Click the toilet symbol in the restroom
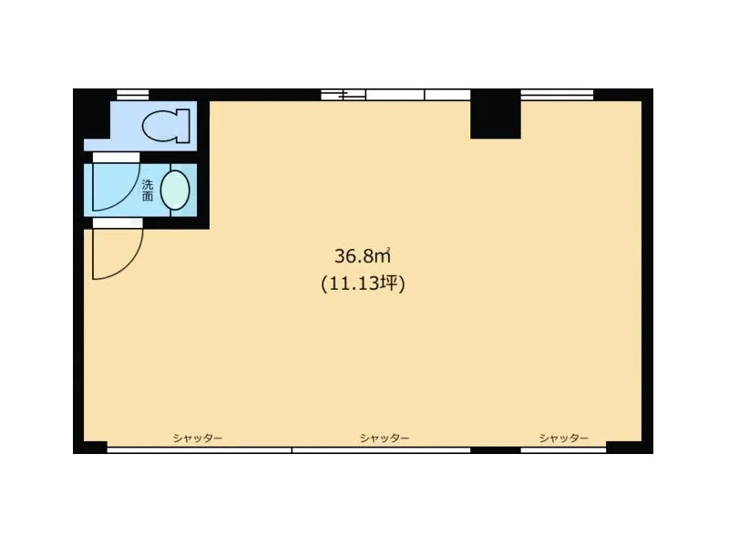(x=166, y=126)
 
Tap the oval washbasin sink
(x=175, y=191)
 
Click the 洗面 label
(x=148, y=191)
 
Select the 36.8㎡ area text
(x=362, y=256)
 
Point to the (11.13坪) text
(x=363, y=284)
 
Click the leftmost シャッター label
(x=198, y=439)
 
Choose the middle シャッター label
(x=385, y=439)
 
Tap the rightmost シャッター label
(x=563, y=439)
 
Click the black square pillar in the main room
(x=495, y=114)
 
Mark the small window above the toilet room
(x=132, y=95)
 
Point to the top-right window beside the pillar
(x=557, y=95)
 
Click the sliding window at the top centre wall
(x=395, y=95)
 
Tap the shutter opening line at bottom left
(x=200, y=449)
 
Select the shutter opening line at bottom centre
(x=381, y=449)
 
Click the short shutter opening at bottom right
(x=563, y=449)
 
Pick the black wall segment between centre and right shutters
(x=496, y=449)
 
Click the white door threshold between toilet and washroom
(x=117, y=157)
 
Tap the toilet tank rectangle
(x=184, y=126)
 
